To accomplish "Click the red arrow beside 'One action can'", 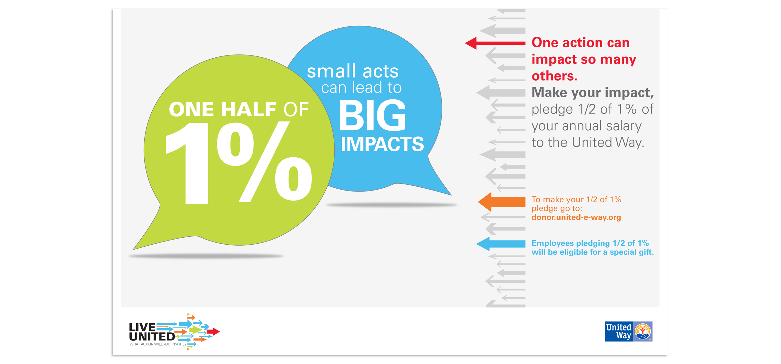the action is tap(495, 43).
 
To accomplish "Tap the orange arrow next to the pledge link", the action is tap(502, 202).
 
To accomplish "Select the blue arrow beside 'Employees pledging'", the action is tap(501, 244).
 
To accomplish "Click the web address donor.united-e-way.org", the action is tap(576, 217).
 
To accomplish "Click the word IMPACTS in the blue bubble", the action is tap(382, 144).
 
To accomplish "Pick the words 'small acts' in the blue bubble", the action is tap(353, 71).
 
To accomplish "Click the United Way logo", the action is tap(628, 331).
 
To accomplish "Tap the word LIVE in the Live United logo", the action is tap(142, 327).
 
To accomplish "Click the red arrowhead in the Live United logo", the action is tap(213, 331).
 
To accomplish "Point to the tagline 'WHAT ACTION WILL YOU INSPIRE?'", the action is tap(158, 344).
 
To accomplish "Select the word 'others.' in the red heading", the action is tap(554, 76).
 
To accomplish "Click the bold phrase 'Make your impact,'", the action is tap(593, 93).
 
